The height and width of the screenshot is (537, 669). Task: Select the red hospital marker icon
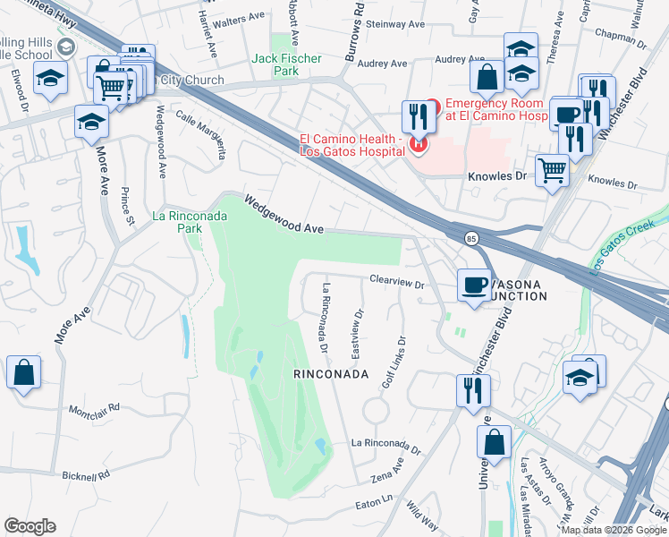(417, 143)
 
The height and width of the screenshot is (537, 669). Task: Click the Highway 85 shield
(470, 238)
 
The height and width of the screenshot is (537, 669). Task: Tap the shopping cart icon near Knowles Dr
(553, 168)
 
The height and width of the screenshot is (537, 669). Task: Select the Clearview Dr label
(396, 282)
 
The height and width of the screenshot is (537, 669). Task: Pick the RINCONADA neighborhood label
(331, 374)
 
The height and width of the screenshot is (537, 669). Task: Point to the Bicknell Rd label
(84, 474)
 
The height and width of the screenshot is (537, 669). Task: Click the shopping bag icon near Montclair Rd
(23, 373)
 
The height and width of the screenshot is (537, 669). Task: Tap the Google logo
(30, 525)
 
